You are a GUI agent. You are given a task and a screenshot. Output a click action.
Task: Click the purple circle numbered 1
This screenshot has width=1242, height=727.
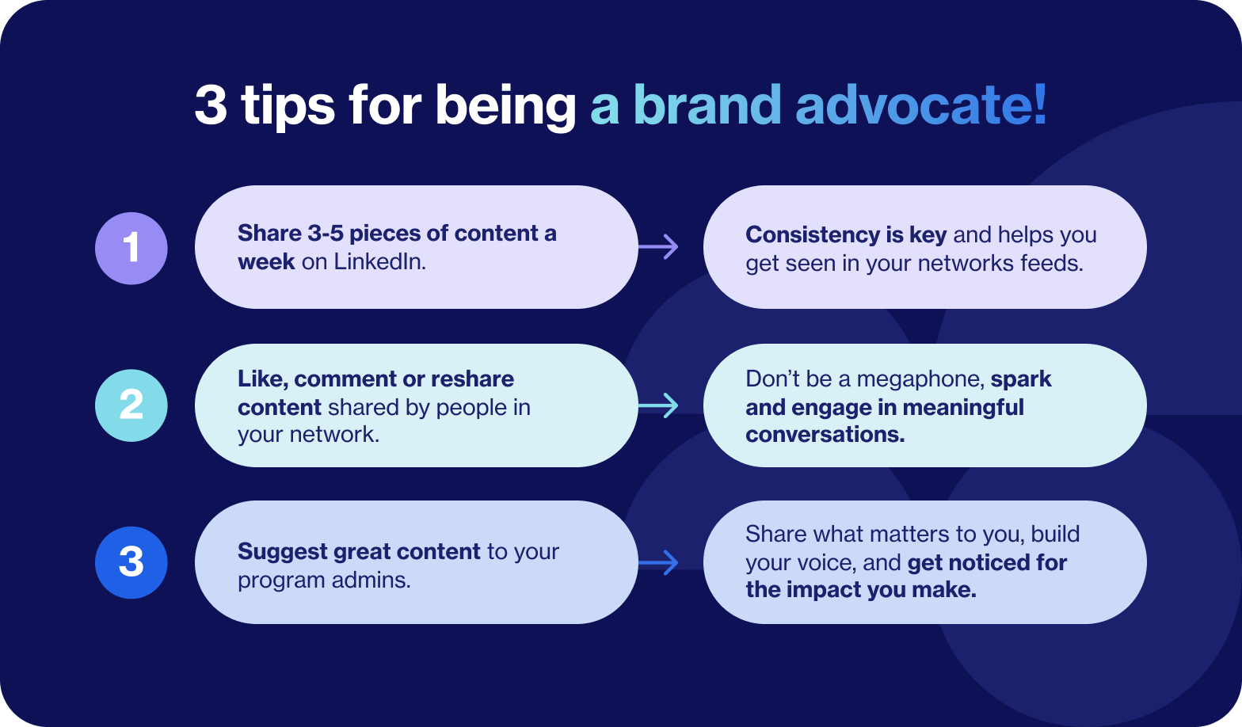pos(131,248)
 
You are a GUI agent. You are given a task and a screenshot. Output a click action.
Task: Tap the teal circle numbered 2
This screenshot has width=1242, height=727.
pos(131,405)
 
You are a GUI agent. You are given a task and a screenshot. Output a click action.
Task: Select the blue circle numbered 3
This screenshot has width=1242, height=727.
pos(131,562)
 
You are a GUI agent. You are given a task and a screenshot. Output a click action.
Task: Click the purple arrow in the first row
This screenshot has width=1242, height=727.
pos(658,247)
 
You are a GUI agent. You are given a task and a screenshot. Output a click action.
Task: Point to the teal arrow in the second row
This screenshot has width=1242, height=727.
pos(658,405)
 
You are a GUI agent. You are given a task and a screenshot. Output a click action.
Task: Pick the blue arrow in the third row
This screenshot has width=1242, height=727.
pos(658,563)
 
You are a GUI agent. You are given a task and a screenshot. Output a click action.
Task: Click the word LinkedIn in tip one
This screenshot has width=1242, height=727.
pos(380,262)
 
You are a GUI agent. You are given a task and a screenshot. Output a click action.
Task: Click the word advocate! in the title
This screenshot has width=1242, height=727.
pos(921,105)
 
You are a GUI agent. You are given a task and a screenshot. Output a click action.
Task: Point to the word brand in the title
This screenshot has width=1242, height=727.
pos(707,105)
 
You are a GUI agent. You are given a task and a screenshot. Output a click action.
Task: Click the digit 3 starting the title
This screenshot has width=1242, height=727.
pos(211,105)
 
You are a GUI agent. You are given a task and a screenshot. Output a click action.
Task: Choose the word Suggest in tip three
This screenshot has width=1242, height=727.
pos(282,552)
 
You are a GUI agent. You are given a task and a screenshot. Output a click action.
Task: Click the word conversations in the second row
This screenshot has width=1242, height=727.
pos(825,434)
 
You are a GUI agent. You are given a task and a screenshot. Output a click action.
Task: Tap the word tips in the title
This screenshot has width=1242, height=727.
pos(288,106)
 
